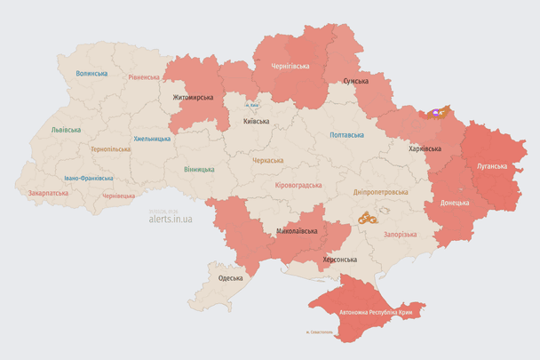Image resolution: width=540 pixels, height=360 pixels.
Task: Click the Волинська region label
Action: coord(91,74)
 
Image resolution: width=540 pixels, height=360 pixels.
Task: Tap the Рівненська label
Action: coord(143,77)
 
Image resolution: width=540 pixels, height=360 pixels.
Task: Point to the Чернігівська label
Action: coord(290,66)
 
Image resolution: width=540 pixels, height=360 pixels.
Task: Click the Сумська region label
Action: coord(355,81)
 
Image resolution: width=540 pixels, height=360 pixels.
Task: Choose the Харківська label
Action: coord(425,148)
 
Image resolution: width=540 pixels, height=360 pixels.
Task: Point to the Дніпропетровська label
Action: coord(380,191)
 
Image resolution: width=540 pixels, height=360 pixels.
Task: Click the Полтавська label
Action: coord(346,135)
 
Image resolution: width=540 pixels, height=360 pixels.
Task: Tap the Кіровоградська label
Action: coord(298,185)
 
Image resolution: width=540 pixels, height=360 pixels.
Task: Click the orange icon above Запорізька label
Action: coord(368,216)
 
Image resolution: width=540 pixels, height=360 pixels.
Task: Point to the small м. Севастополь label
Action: coord(317,332)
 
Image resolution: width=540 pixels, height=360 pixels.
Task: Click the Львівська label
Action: coord(66,129)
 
